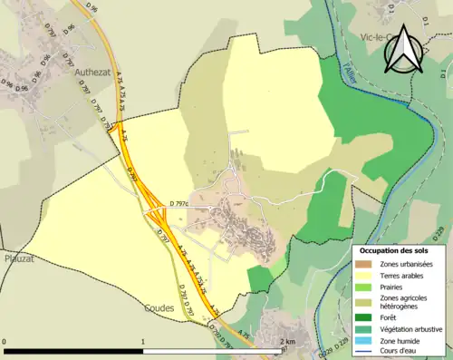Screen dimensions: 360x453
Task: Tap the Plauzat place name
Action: click(x=20, y=257)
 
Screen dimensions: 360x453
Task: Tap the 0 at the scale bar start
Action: click(x=5, y=342)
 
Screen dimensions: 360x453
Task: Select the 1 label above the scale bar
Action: click(x=143, y=342)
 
